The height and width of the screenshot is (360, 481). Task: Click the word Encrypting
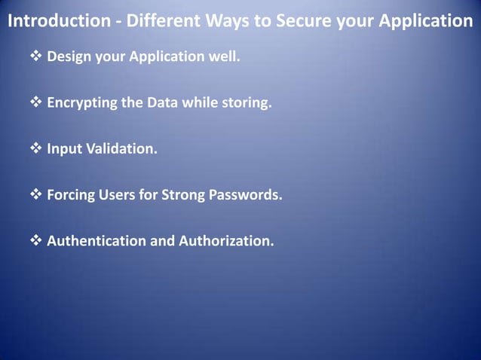[82, 102]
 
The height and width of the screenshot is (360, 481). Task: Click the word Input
[63, 148]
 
